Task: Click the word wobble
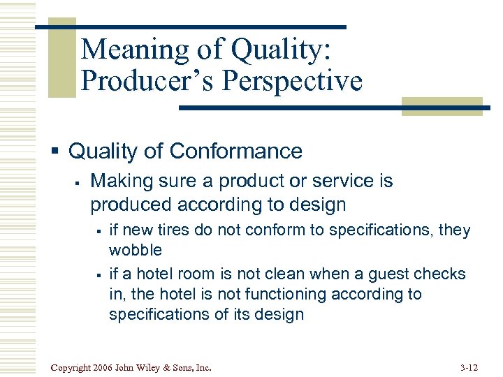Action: pyautogui.click(x=135, y=250)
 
